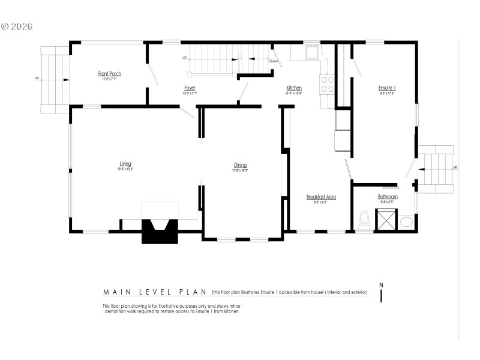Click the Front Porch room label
pyautogui.click(x=110, y=74)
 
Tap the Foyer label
pyautogui.click(x=190, y=88)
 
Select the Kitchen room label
pyautogui.click(x=294, y=88)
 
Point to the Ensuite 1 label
pyautogui.click(x=387, y=88)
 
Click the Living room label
pyautogui.click(x=125, y=164)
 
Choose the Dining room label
pyautogui.click(x=241, y=166)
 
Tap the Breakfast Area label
pyautogui.click(x=321, y=197)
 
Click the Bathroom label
pyautogui.click(x=388, y=197)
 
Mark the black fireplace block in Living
pyautogui.click(x=160, y=232)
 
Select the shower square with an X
pyautogui.click(x=386, y=219)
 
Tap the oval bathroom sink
pyautogui.click(x=407, y=221)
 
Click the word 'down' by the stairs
pyautogui.click(x=273, y=61)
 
